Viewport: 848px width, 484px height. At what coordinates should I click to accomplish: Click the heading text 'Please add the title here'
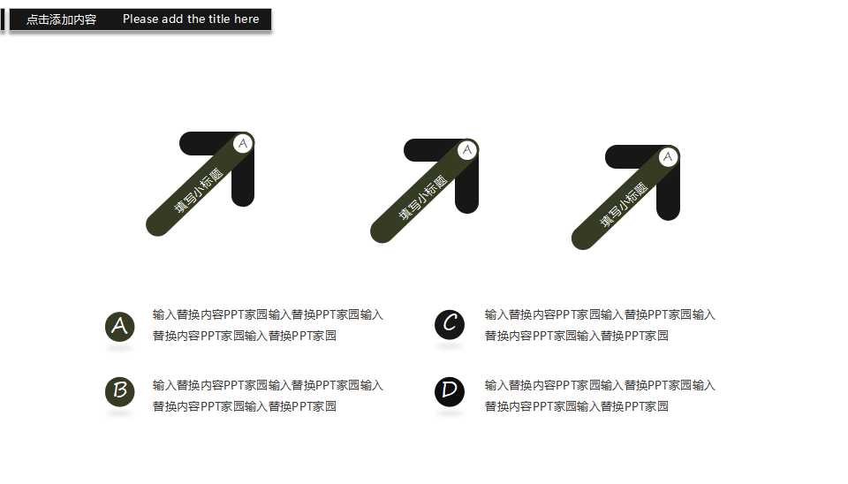191,19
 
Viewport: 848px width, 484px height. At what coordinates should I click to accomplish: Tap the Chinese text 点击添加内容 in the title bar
61,19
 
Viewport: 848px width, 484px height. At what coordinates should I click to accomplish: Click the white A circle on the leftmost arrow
244,143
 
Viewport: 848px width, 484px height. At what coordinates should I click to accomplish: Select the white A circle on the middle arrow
467,150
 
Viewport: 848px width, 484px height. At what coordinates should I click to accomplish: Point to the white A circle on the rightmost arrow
669,157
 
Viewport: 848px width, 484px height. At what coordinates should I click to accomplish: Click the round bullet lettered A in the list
119,326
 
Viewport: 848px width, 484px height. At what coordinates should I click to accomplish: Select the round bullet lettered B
119,390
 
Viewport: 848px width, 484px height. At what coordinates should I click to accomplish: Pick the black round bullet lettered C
450,324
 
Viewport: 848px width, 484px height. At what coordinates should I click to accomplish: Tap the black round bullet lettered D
450,390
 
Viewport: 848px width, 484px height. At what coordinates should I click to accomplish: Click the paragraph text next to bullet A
268,325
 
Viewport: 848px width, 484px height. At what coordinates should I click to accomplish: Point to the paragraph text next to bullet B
268,396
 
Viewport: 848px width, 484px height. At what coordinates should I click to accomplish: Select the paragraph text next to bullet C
600,325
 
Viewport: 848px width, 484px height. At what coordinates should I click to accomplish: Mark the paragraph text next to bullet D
600,396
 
